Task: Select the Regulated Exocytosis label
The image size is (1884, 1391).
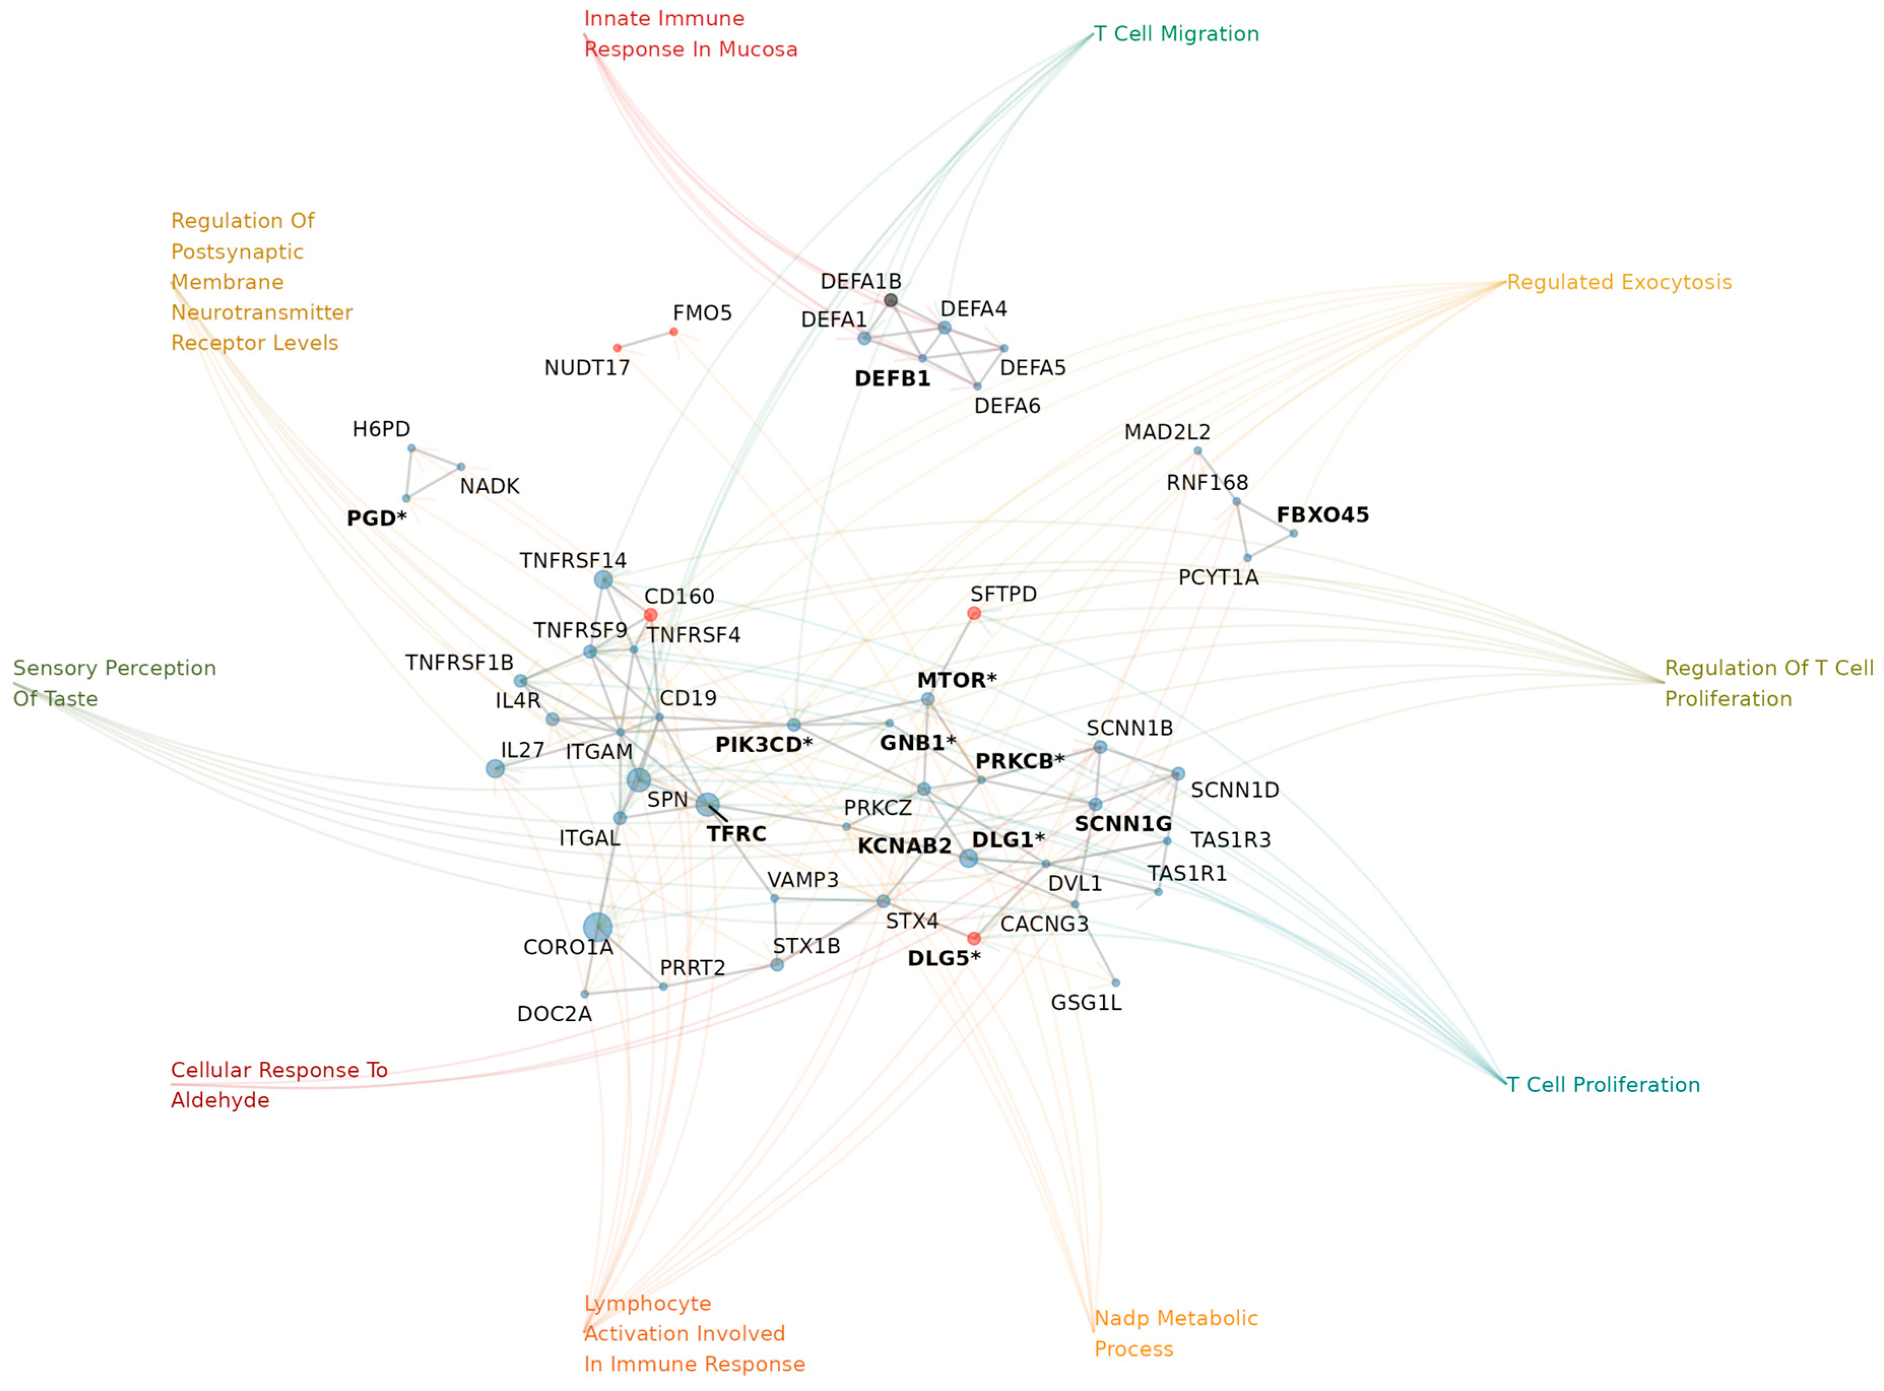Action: tap(1618, 283)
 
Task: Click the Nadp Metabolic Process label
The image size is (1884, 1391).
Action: tap(1176, 1334)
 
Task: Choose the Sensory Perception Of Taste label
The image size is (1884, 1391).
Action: tap(115, 684)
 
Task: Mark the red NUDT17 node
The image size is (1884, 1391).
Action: tap(617, 348)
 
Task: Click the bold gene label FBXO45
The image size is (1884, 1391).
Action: tap(1323, 515)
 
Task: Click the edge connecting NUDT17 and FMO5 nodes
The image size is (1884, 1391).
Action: tap(645, 340)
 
